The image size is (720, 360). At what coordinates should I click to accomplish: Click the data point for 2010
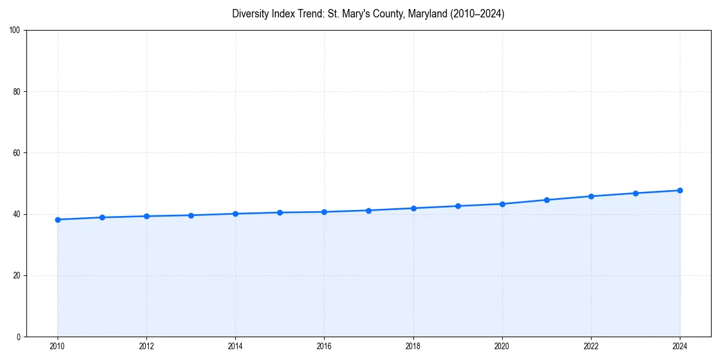click(58, 220)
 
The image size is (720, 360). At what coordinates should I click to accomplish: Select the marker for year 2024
click(680, 190)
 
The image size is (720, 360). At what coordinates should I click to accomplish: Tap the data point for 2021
click(547, 200)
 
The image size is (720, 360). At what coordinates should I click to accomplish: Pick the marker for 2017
click(368, 211)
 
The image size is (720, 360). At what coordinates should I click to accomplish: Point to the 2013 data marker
click(191, 215)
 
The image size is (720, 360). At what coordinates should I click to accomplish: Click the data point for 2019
click(458, 206)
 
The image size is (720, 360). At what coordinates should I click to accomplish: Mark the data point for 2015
click(280, 212)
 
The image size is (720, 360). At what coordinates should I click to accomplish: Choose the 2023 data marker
click(635, 193)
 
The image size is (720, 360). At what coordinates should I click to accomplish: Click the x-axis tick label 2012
click(146, 346)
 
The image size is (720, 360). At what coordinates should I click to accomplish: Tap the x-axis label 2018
click(413, 346)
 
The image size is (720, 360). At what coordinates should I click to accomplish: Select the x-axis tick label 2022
click(591, 346)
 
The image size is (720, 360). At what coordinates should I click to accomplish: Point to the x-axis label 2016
click(324, 346)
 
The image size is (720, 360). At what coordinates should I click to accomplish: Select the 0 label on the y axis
click(19, 337)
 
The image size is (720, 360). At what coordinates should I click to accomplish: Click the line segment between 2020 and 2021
click(524, 202)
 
